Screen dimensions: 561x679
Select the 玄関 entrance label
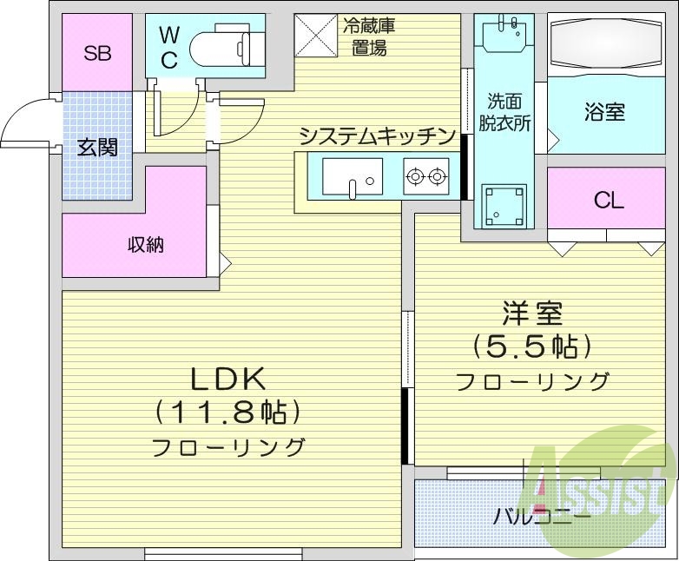(x=97, y=147)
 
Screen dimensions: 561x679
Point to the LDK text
(x=227, y=379)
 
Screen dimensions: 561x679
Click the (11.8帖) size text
(x=227, y=411)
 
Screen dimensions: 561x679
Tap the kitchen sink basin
(x=353, y=177)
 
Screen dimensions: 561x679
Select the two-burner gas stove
(x=426, y=177)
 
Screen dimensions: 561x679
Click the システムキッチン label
(x=377, y=136)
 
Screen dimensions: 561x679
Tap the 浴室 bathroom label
(x=604, y=112)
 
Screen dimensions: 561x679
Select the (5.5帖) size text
(x=531, y=346)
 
